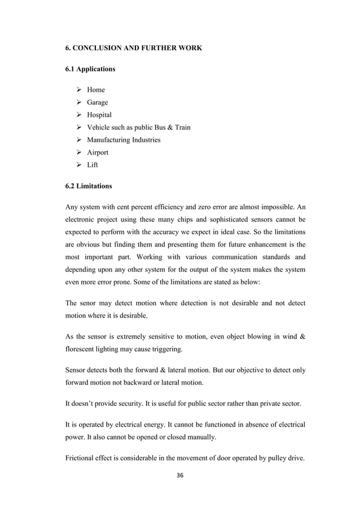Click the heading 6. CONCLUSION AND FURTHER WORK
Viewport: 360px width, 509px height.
tap(134, 49)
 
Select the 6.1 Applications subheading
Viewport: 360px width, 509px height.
tap(90, 69)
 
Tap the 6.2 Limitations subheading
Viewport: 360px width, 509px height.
tap(89, 185)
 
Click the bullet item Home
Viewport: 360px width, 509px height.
tap(95, 90)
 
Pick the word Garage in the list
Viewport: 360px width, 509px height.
tap(98, 102)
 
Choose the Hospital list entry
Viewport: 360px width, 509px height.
tap(99, 115)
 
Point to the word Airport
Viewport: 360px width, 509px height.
tap(99, 152)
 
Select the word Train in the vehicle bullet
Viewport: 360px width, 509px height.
tap(181, 128)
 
